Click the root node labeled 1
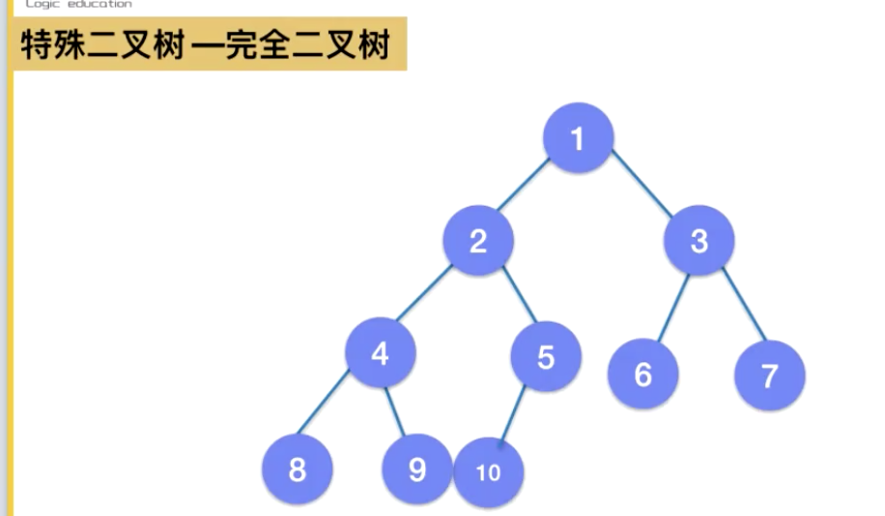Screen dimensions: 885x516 (578, 139)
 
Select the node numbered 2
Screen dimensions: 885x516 (478, 241)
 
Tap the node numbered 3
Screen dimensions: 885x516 (699, 241)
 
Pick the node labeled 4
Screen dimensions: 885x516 (381, 354)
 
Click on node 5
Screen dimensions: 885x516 (546, 357)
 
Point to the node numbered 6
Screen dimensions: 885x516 (643, 374)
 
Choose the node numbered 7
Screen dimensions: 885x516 (769, 375)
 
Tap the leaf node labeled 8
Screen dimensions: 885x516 (298, 470)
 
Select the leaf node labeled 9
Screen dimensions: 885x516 (416, 470)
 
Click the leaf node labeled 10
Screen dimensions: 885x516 (489, 473)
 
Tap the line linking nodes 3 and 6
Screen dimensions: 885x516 (672, 306)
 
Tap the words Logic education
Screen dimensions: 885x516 (79, 5)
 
